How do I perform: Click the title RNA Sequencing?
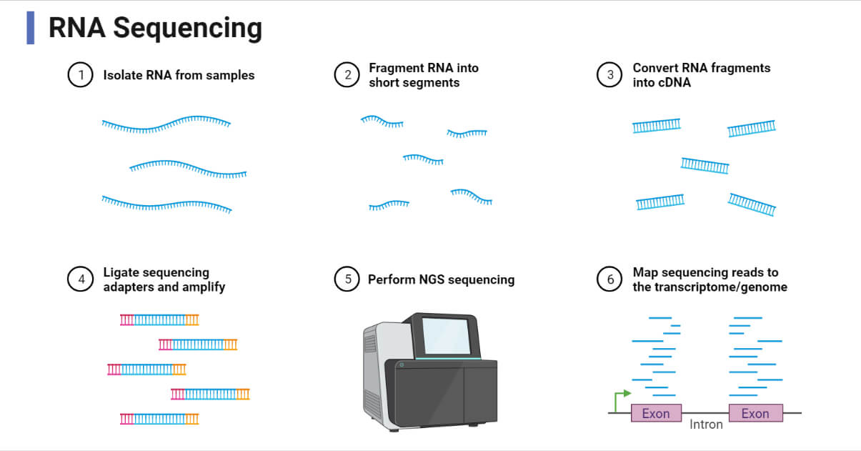pos(155,29)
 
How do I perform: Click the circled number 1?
pos(81,75)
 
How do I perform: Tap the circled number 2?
pos(347,75)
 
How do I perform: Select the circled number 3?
pos(609,75)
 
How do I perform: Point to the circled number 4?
pos(81,279)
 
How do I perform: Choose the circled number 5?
pos(347,279)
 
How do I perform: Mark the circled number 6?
pos(609,279)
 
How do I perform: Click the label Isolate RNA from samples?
pos(179,75)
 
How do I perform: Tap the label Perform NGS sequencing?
pos(441,279)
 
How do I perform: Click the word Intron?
pos(706,425)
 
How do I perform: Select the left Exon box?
pos(655,413)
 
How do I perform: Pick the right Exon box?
pos(755,413)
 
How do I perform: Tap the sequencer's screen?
pos(447,335)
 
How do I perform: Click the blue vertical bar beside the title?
pos(30,28)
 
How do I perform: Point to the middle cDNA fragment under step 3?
pos(705,166)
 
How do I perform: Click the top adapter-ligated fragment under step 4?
pos(159,319)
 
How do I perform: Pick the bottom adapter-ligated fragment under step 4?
pos(159,418)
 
